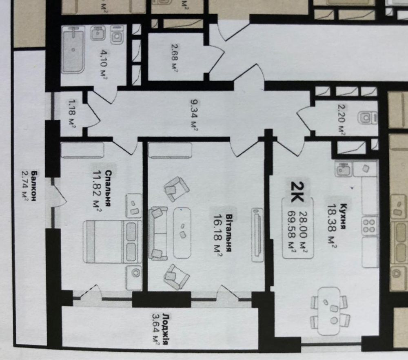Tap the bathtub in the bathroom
(73, 49)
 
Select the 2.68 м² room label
(174, 57)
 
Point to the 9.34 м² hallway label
(194, 115)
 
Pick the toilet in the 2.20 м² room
(367, 118)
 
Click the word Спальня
(109, 188)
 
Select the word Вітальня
(228, 233)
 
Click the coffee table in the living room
(182, 233)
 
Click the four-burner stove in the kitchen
(370, 225)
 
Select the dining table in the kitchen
(329, 311)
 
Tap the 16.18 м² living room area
(217, 235)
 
